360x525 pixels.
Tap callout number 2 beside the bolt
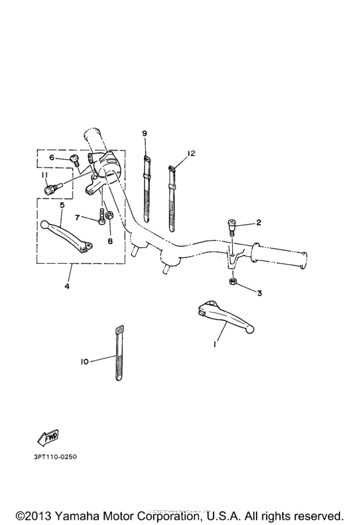pos(258,223)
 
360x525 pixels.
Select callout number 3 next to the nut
pos(259,293)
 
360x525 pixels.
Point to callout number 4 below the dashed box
pos(67,286)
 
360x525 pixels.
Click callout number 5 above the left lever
pos(62,206)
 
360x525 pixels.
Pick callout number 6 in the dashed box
pos(51,158)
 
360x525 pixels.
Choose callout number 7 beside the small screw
pos(76,217)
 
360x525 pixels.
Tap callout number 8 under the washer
pos(109,241)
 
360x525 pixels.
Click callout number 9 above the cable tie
pos(145,133)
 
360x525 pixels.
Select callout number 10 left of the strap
pos(85,362)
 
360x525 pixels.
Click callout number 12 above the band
pos(191,154)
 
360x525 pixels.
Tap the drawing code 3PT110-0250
pos(51,457)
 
